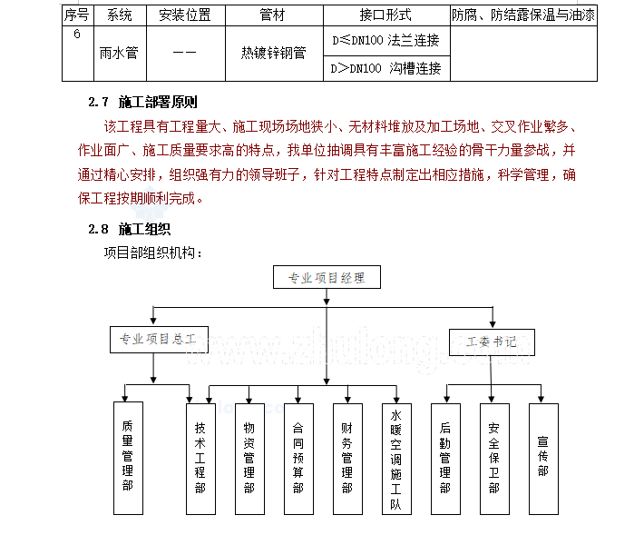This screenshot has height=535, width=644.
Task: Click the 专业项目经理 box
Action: [327, 277]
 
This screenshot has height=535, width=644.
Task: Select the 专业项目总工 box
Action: [159, 340]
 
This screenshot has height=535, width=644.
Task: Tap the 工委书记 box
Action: [492, 342]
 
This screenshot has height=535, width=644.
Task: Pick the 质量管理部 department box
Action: [128, 458]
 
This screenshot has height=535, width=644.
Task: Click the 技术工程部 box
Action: [200, 459]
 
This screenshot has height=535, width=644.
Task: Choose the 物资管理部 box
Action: [249, 459]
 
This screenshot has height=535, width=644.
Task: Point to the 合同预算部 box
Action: [298, 459]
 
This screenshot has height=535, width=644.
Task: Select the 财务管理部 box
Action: [347, 459]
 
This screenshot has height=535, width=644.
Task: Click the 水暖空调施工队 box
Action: [396, 459]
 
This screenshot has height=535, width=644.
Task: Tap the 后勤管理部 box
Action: [445, 459]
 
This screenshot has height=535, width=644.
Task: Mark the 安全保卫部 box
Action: [494, 459]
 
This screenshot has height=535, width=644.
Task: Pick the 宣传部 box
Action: [543, 459]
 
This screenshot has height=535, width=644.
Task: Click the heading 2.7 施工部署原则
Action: [142, 102]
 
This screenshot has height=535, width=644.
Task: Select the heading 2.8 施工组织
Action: [130, 229]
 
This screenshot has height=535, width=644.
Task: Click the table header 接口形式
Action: [386, 15]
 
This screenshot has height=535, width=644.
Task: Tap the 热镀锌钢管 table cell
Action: [274, 53]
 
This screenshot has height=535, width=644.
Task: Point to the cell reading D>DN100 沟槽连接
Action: [386, 68]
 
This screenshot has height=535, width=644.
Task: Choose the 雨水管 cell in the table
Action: [119, 53]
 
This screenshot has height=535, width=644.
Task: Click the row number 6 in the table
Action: [77, 34]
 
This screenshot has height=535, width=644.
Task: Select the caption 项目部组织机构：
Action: [153, 253]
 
